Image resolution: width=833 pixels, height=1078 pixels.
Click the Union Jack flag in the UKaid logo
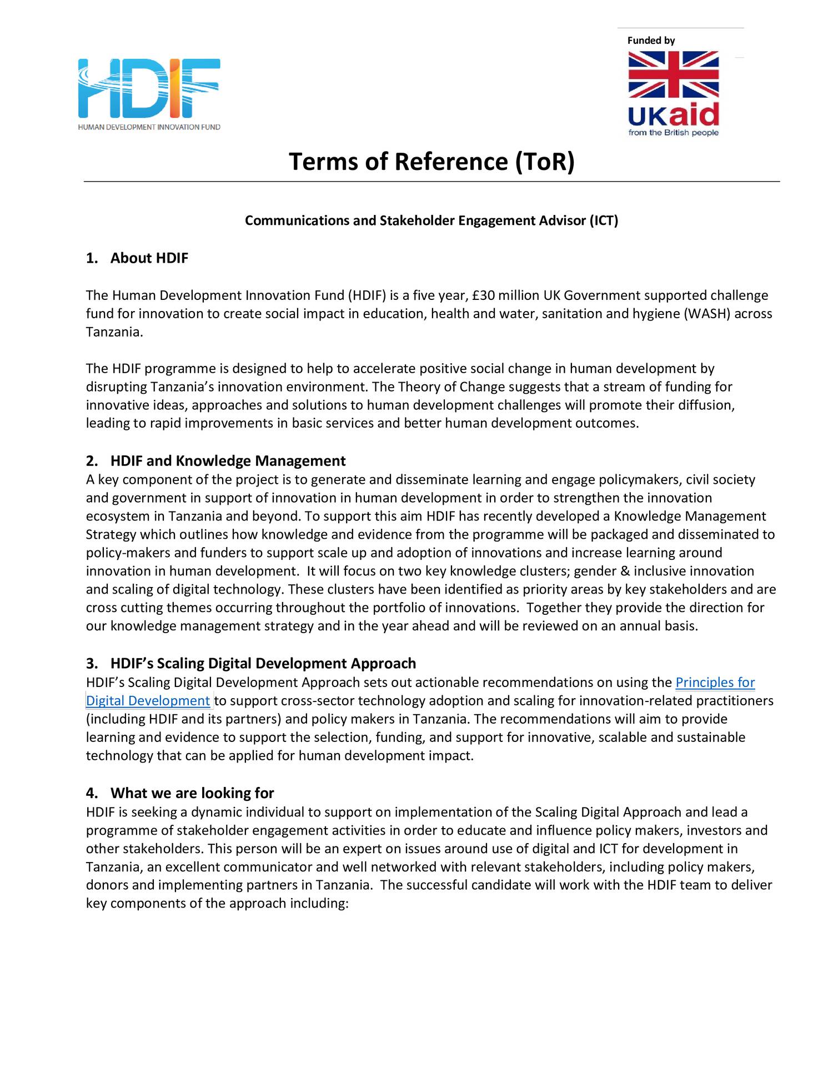tap(673, 74)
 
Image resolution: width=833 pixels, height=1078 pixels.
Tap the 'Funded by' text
tap(651, 41)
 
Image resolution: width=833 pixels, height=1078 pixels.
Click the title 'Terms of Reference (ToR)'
tap(431, 162)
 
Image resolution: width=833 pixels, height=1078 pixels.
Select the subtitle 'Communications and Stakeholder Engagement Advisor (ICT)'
tap(431, 220)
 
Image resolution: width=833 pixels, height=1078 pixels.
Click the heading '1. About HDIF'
tap(137, 258)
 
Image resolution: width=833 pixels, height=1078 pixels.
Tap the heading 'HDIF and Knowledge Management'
tap(228, 460)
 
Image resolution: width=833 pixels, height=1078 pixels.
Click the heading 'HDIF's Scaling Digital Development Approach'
tap(263, 663)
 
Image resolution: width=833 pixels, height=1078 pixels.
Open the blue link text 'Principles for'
tap(715, 682)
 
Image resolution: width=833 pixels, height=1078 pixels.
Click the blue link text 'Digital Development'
tap(148, 700)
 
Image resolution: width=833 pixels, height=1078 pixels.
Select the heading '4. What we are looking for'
tap(180, 793)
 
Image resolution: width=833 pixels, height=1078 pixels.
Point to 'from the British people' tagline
tap(673, 133)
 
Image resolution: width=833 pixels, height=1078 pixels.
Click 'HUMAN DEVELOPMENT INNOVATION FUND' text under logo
tap(149, 127)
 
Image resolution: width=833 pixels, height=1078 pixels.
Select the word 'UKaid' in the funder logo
tap(673, 115)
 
